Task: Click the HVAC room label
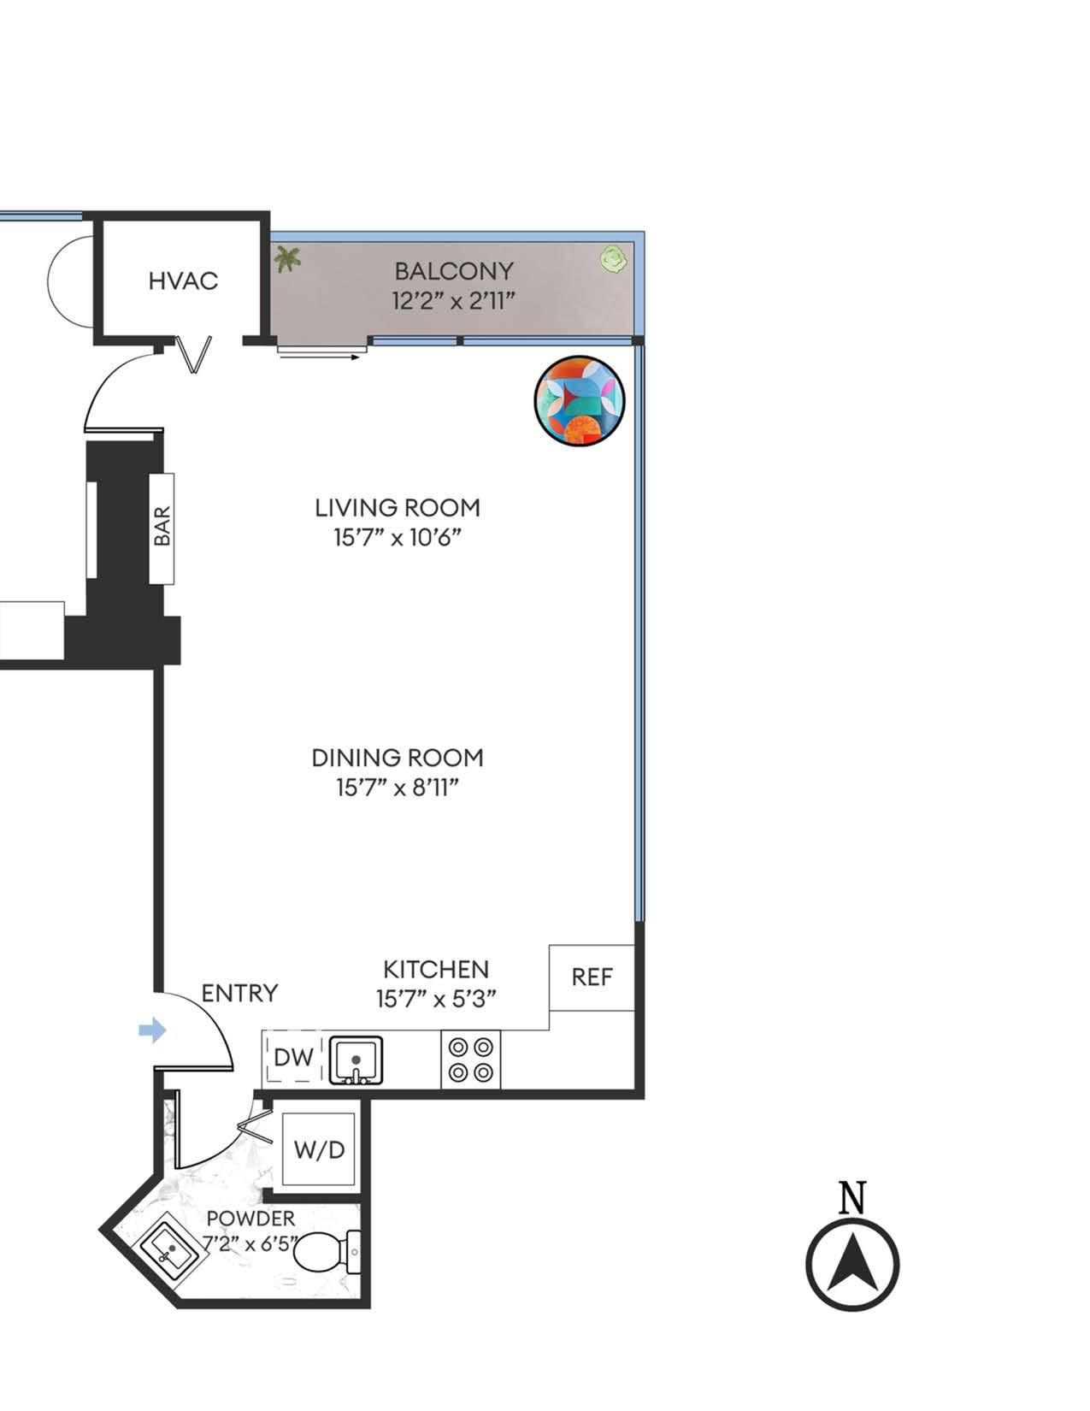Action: pos(183,280)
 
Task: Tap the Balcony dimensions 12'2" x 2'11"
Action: pos(454,302)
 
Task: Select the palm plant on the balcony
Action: pos(287,257)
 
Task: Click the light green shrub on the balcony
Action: pos(613,257)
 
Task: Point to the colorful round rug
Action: pos(580,401)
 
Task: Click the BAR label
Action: pos(162,527)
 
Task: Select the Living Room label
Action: pos(398,508)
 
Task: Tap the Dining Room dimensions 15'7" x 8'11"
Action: pos(398,788)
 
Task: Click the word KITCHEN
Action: pos(436,970)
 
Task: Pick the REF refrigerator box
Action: pos(592,977)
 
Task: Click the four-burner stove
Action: pos(471,1060)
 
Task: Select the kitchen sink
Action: pos(356,1060)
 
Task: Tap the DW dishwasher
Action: pos(293,1058)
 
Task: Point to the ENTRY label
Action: pos(240,994)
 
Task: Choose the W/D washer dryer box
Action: pos(319,1149)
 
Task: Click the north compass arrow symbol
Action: pos(852,1265)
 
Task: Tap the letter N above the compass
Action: pos(852,1197)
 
